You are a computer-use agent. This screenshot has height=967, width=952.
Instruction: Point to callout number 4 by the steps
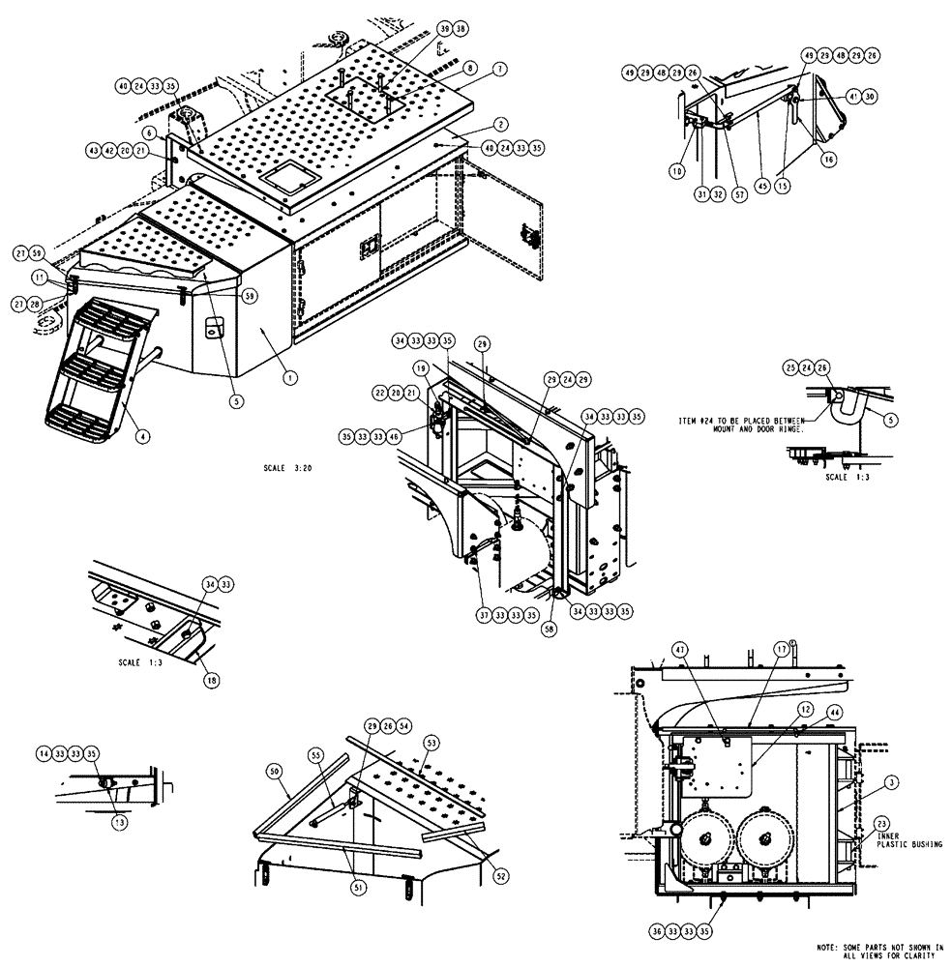point(142,437)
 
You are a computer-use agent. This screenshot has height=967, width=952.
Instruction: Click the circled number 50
point(274,771)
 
